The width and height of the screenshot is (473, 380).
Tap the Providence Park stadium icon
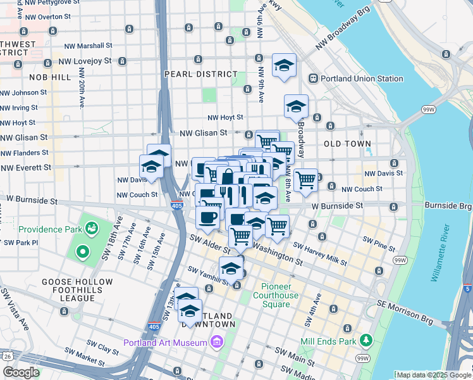pyautogui.click(x=93, y=227)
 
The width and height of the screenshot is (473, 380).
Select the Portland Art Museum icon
pyautogui.click(x=217, y=343)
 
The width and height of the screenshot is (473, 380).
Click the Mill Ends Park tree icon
pyautogui.click(x=365, y=340)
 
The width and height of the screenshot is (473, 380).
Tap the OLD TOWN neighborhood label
pyautogui.click(x=347, y=144)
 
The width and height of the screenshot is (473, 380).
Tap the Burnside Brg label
pyautogui.click(x=448, y=206)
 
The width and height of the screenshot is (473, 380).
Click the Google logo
pyautogui.click(x=20, y=372)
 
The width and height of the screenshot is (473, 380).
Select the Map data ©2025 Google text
pyautogui.click(x=433, y=375)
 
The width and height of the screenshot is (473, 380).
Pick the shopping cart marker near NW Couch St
pyautogui.click(x=306, y=179)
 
